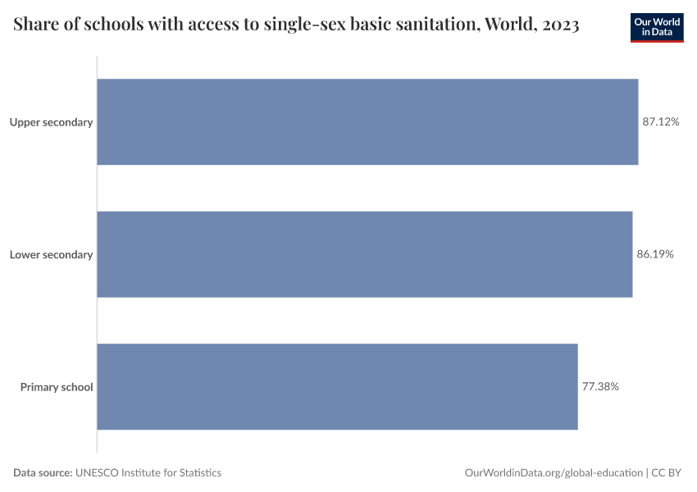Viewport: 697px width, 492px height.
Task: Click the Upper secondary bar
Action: pyautogui.click(x=367, y=121)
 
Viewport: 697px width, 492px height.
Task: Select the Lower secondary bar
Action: pyautogui.click(x=365, y=254)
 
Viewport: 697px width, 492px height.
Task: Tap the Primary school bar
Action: pyautogui.click(x=337, y=386)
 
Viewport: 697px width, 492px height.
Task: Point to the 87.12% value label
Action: pyautogui.click(x=661, y=122)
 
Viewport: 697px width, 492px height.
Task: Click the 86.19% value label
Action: pyautogui.click(x=655, y=254)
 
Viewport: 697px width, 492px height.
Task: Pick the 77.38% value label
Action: pyautogui.click(x=600, y=386)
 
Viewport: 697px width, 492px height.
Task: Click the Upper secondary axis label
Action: pyautogui.click(x=51, y=122)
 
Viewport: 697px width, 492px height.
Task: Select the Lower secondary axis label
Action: pyautogui.click(x=51, y=254)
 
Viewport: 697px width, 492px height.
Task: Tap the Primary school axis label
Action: pyautogui.click(x=57, y=387)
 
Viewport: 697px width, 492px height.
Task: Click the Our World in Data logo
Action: pyautogui.click(x=657, y=27)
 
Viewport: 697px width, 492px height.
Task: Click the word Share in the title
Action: pyautogui.click(x=35, y=25)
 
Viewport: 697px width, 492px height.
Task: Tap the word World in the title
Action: pyautogui.click(x=509, y=25)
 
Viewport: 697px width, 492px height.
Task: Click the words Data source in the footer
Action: pyautogui.click(x=43, y=472)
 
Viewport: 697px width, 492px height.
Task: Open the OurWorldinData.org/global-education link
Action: pyautogui.click(x=553, y=472)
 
